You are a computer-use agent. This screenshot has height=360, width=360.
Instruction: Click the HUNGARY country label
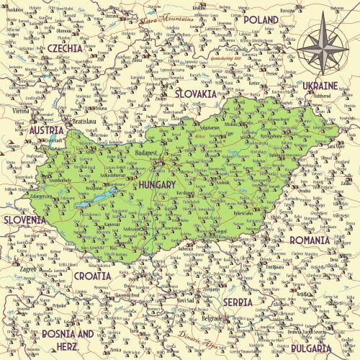coord(154,185)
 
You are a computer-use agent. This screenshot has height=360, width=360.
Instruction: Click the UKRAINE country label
coord(320,85)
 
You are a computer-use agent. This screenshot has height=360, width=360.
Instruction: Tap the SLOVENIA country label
coord(24,220)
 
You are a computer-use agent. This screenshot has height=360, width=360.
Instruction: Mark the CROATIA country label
coord(92,275)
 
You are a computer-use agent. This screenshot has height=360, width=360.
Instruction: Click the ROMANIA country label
coord(309,239)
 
